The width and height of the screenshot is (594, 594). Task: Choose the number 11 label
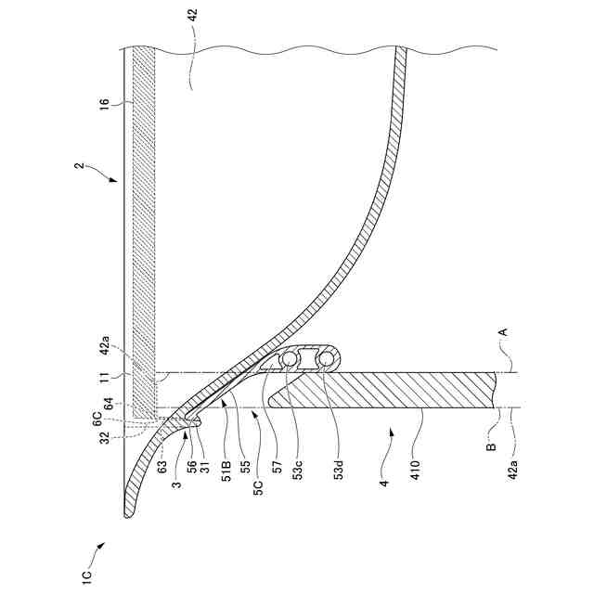(104, 378)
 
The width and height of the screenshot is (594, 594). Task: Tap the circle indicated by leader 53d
(325, 359)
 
